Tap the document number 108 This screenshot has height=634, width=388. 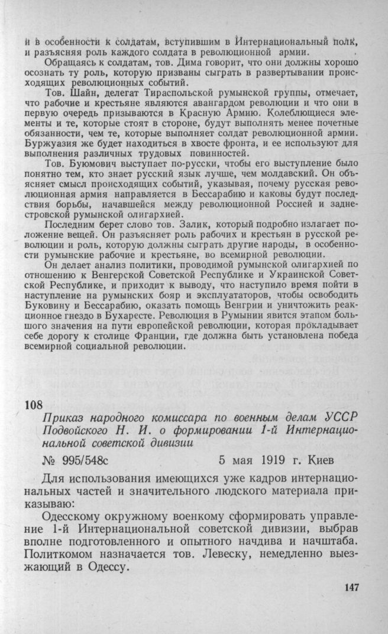34,405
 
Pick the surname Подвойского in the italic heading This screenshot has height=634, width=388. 77,430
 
